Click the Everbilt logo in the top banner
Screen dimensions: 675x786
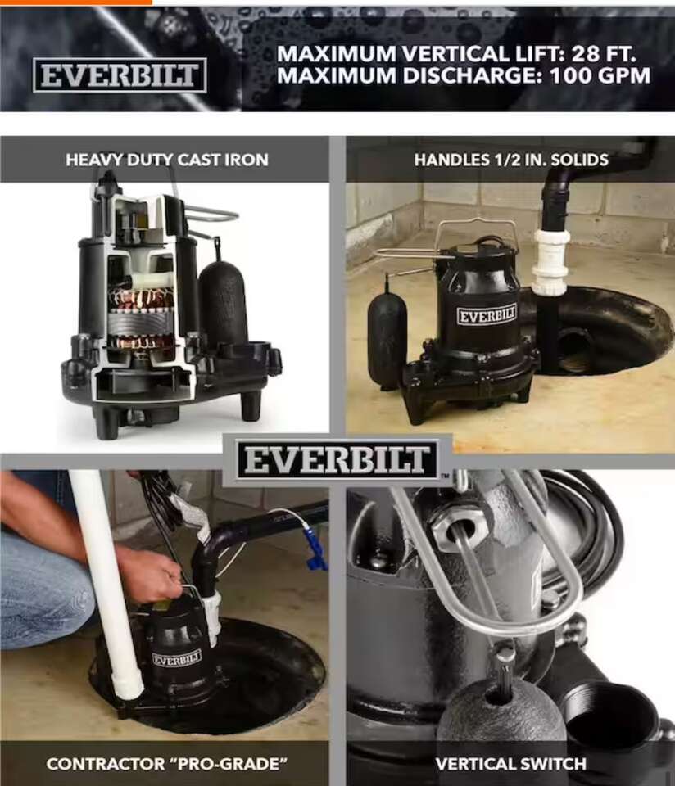[120, 75]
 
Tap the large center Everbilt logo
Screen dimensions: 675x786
[337, 460]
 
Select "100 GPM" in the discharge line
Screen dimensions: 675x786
[600, 75]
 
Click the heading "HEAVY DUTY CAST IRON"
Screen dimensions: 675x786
[167, 160]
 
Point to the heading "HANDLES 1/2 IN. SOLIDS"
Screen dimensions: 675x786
[511, 160]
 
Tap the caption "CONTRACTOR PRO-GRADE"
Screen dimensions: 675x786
[167, 764]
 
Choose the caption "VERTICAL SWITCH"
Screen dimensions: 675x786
[511, 764]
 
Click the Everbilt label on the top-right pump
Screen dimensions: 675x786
[487, 315]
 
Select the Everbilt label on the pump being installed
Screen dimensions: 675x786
[176, 658]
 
